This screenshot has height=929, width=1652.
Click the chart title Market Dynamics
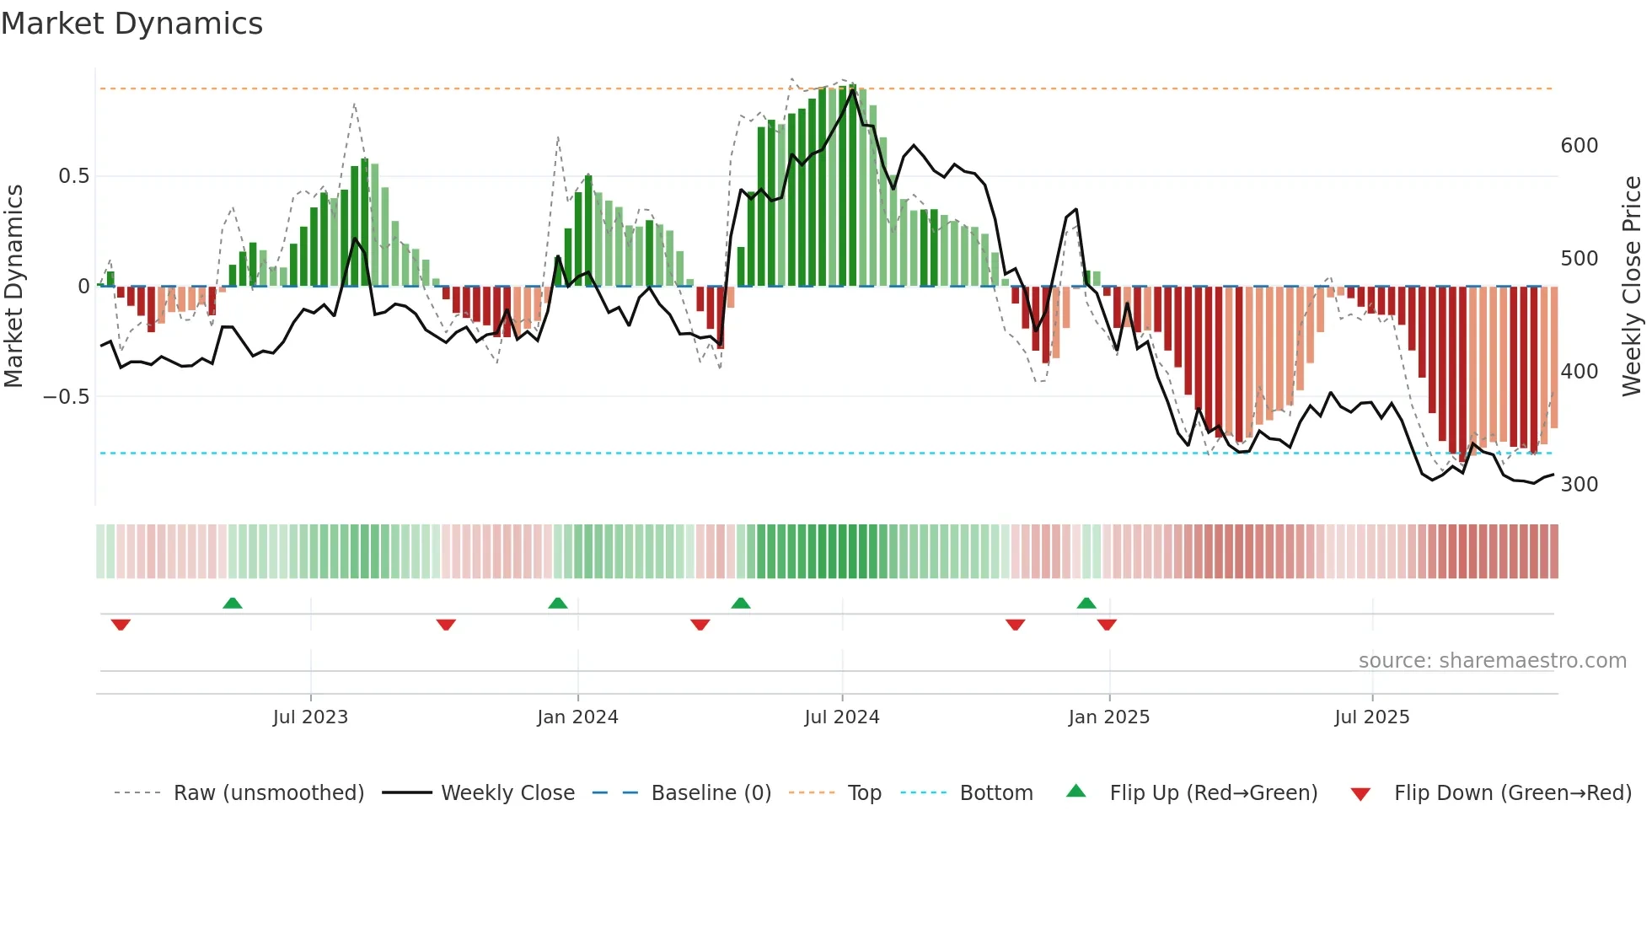pyautogui.click(x=131, y=24)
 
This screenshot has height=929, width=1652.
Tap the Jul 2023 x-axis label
pyautogui.click(x=310, y=717)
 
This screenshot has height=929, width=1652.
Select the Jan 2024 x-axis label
pyautogui.click(x=577, y=717)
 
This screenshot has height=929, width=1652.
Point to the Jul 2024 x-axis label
pyautogui.click(x=842, y=717)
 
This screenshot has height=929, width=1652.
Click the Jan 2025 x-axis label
pyautogui.click(x=1108, y=717)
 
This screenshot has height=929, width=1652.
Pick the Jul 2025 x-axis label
pyautogui.click(x=1371, y=717)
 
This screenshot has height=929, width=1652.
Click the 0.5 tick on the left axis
pyautogui.click(x=73, y=176)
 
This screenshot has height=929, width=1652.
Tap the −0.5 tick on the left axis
pyautogui.click(x=67, y=396)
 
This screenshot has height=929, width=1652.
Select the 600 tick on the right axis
pyautogui.click(x=1579, y=146)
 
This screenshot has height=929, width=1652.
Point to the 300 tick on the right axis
pyautogui.click(x=1579, y=485)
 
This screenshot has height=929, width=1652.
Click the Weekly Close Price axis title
pyautogui.click(x=1632, y=287)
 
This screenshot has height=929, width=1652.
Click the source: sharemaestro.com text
pyautogui.click(x=1492, y=661)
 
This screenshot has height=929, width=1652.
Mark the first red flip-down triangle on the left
pyautogui.click(x=121, y=625)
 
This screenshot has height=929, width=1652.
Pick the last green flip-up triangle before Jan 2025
pyautogui.click(x=1086, y=603)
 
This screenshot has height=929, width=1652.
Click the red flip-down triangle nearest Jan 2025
pyautogui.click(x=1107, y=625)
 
